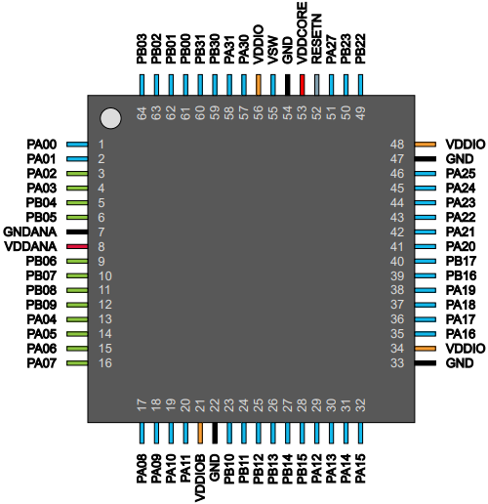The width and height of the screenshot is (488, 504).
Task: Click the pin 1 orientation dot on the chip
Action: point(110,118)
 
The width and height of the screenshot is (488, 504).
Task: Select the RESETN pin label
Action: point(316,39)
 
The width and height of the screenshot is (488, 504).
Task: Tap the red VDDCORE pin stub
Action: point(303,85)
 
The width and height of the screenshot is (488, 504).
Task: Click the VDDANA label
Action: point(30,246)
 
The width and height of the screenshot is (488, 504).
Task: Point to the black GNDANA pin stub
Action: point(77,231)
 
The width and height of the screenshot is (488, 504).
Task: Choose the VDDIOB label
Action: point(200,478)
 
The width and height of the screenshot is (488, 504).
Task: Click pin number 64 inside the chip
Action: point(142,113)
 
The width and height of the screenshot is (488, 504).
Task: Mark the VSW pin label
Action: point(273,50)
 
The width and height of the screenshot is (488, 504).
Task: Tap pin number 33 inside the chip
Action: point(397,363)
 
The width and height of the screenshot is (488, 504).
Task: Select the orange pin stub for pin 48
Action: point(426,145)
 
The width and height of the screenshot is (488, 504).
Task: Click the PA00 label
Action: point(42,145)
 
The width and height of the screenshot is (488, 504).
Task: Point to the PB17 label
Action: point(461,261)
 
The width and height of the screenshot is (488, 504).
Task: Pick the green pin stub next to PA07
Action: point(77,363)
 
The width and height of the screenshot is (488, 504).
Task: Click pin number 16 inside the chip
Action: point(105,363)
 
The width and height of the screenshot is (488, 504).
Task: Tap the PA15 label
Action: point(360,469)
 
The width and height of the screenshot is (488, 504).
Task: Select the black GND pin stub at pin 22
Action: point(215,433)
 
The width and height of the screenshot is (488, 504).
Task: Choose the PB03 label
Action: point(142,49)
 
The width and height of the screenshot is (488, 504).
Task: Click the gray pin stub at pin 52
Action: point(316,85)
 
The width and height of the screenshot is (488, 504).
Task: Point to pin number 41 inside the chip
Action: point(397,246)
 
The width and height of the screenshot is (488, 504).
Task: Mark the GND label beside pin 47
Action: point(460,159)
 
